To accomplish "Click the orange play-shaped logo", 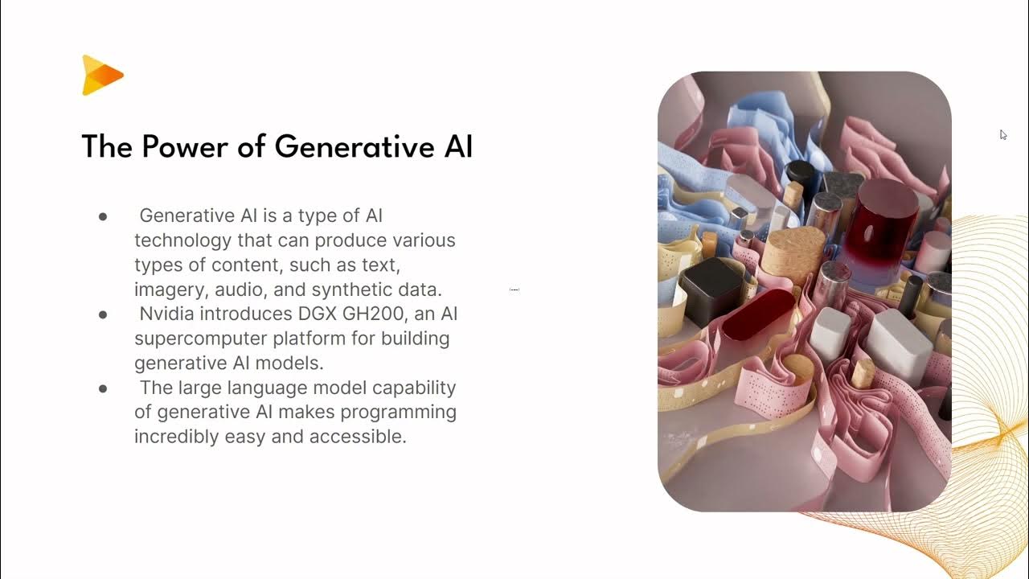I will (101, 76).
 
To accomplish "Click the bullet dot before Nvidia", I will (103, 314).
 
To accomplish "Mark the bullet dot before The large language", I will (103, 388).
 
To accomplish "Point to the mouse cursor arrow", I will (1003, 134).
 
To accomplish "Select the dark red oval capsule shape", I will (757, 314).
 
